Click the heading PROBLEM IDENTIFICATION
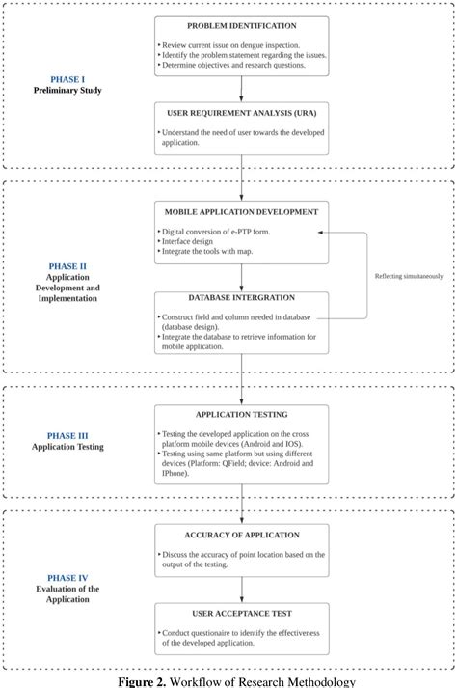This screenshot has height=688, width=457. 242,26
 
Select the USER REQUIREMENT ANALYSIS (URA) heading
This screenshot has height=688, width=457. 242,113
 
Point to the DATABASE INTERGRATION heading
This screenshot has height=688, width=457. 242,297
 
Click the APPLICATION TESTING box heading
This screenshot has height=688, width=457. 242,416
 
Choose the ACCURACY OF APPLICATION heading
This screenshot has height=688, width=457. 242,534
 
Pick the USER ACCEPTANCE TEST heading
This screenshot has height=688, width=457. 242,614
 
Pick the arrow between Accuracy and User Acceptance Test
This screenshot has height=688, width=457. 242,591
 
